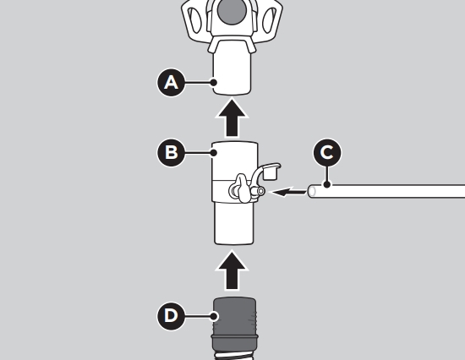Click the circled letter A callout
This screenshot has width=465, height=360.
pos(171,83)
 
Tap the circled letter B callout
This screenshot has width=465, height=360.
pos(171,153)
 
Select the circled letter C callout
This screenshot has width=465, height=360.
pos(327,153)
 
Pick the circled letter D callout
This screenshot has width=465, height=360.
pos(171,316)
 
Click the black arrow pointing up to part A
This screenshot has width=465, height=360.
pos(232,118)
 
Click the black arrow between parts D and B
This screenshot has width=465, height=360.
pos(232,270)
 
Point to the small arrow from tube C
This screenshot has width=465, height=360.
pos(288,192)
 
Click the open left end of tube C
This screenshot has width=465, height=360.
pos(312,191)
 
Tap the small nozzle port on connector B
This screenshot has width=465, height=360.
pos(260,191)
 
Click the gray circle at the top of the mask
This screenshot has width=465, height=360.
pos(232,10)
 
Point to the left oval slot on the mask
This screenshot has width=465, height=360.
pos(194,20)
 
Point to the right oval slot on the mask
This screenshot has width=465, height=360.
pos(269,20)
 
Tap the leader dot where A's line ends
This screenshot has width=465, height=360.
pos(214,83)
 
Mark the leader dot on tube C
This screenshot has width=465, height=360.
pos(327,184)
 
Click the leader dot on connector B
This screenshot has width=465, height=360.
pos(214,153)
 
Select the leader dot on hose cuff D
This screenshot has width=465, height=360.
pos(214,316)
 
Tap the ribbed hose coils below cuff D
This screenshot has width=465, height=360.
pos(234,356)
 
